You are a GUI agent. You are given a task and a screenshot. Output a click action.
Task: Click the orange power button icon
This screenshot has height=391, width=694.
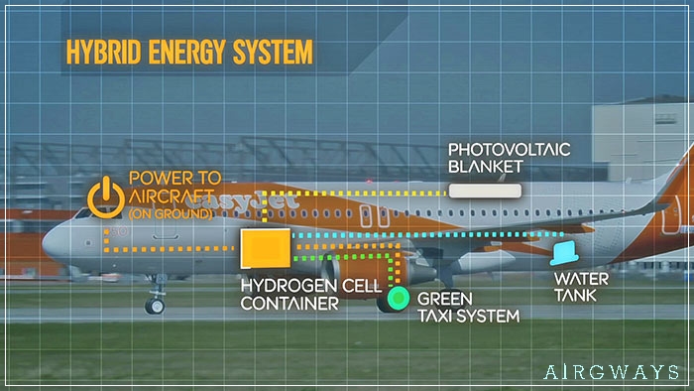click(104, 195)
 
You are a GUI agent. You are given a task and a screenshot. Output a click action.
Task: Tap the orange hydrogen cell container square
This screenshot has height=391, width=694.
click(266, 248)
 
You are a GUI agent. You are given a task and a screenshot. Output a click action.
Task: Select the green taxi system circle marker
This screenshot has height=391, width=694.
click(400, 296)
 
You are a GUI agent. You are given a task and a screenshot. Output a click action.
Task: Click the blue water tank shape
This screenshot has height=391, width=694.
click(563, 254)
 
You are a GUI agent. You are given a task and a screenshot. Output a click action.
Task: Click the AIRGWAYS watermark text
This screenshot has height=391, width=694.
click(611, 372)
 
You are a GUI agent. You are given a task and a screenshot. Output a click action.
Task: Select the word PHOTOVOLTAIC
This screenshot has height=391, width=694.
click(508, 150)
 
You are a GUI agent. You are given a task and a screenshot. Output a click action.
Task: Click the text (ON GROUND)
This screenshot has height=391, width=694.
click(171, 212)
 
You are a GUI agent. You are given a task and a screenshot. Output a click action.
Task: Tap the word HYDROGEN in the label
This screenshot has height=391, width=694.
click(284, 285)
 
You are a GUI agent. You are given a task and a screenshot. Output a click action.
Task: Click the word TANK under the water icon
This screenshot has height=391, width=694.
click(582, 295)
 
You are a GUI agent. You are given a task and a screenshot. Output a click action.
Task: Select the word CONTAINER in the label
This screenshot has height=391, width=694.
click(289, 302)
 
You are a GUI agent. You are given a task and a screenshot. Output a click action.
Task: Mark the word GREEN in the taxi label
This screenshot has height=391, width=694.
click(444, 299)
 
